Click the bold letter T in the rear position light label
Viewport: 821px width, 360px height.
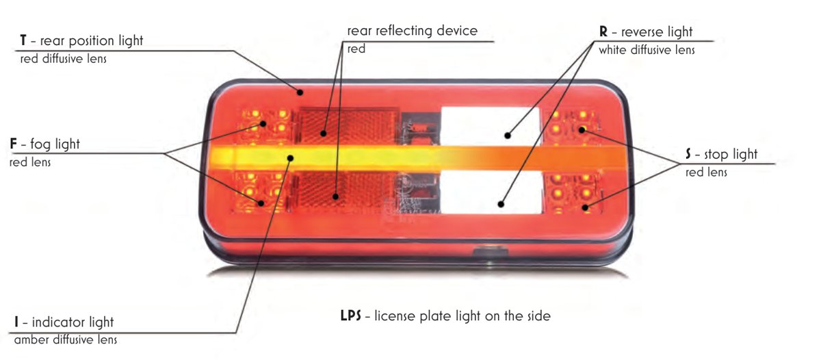[23, 40]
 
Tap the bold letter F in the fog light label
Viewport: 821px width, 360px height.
[14, 144]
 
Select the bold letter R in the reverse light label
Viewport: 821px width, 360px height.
[603, 31]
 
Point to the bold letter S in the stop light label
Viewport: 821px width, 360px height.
[688, 154]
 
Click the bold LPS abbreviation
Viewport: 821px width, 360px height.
[351, 316]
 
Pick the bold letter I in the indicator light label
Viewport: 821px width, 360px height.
[16, 322]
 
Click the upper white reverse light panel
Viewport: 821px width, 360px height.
[490, 126]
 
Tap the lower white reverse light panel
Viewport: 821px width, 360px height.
[491, 192]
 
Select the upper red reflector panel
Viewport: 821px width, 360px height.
[348, 126]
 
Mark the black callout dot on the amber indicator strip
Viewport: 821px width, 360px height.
[290, 158]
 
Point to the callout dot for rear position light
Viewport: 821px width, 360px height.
[300, 92]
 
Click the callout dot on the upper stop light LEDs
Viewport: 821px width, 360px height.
[582, 129]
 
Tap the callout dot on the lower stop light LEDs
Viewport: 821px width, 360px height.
[586, 208]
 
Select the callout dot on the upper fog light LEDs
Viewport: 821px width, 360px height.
[263, 124]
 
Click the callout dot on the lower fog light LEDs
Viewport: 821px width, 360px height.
[261, 203]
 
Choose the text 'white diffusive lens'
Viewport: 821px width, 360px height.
[647, 50]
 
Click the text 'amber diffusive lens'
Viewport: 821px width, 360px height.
[66, 340]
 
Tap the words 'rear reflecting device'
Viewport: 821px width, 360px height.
[413, 31]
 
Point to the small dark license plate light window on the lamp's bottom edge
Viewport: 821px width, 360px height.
[491, 252]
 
